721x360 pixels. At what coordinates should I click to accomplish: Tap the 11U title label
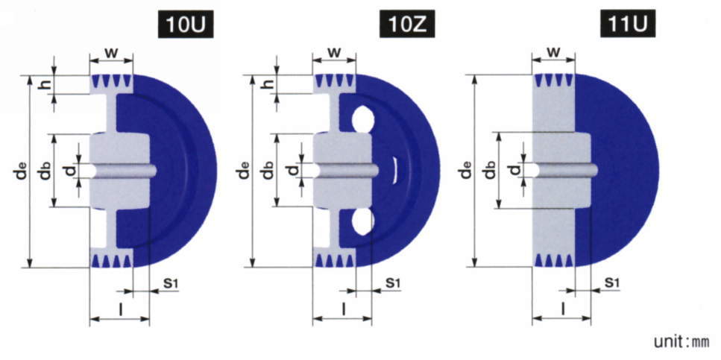[628, 25]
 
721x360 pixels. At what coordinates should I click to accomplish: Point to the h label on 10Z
[269, 83]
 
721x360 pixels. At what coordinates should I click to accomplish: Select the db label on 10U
[44, 170]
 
